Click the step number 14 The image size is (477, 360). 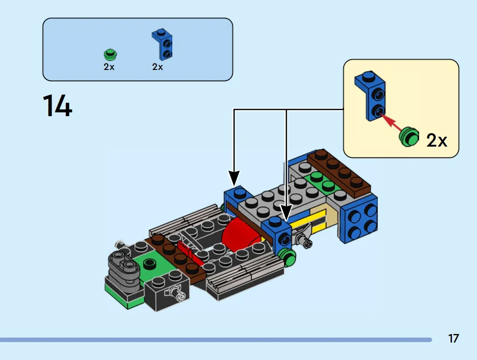(x=57, y=105)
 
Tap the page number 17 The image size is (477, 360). (x=453, y=338)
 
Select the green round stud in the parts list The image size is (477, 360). (x=110, y=54)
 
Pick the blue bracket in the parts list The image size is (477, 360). (x=162, y=44)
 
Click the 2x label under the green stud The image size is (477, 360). (x=109, y=67)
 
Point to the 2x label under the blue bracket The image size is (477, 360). (x=158, y=67)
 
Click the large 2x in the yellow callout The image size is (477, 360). (x=437, y=140)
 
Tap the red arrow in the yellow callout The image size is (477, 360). (x=393, y=122)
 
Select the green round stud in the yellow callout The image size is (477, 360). (x=408, y=137)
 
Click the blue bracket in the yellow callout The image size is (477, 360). (x=370, y=96)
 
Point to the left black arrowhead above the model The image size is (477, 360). (x=234, y=178)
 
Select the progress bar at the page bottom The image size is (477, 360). (x=216, y=340)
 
